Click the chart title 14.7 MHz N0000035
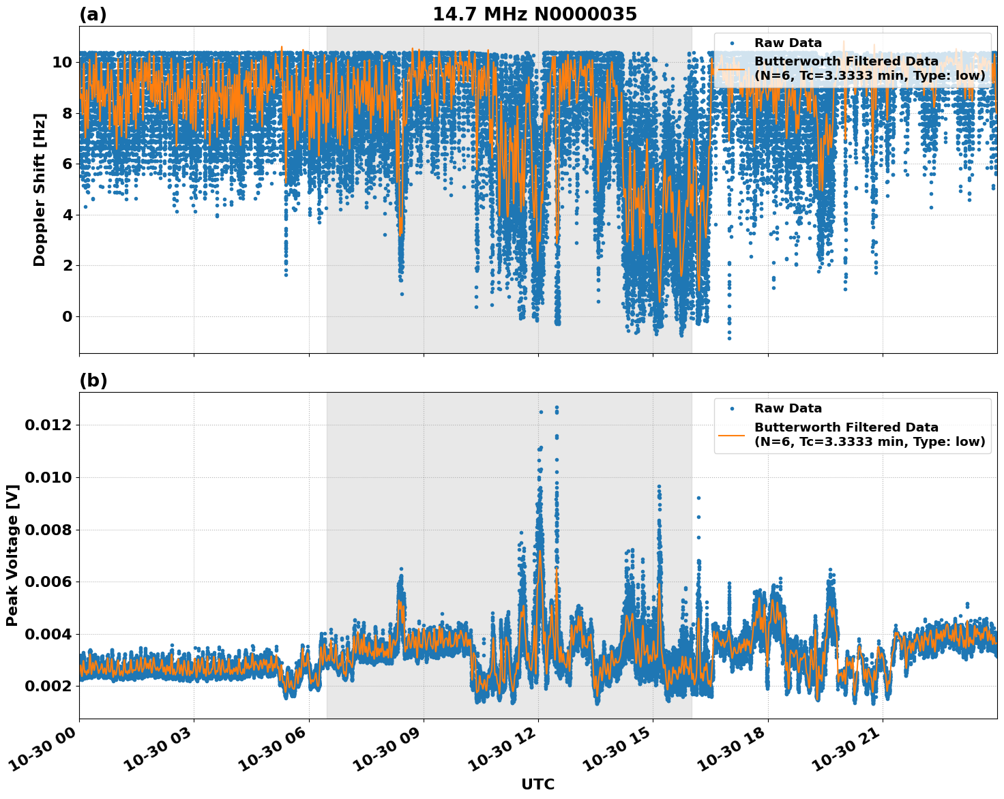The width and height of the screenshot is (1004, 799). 535,14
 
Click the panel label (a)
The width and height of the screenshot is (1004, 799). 93,14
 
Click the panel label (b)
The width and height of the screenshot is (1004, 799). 93,380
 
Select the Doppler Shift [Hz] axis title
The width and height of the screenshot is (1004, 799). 40,190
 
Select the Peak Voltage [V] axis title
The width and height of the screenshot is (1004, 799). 12,555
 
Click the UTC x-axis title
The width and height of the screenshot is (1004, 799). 537,784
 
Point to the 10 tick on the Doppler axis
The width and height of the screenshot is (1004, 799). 62,62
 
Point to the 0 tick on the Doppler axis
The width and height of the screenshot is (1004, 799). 67,316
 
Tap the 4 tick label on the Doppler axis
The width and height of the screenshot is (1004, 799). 67,215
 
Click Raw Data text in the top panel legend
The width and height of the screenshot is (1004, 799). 788,43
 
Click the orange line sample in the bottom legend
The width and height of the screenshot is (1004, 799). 731,435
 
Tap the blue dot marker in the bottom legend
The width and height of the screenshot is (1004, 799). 731,409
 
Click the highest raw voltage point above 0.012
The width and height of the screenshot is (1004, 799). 557,408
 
